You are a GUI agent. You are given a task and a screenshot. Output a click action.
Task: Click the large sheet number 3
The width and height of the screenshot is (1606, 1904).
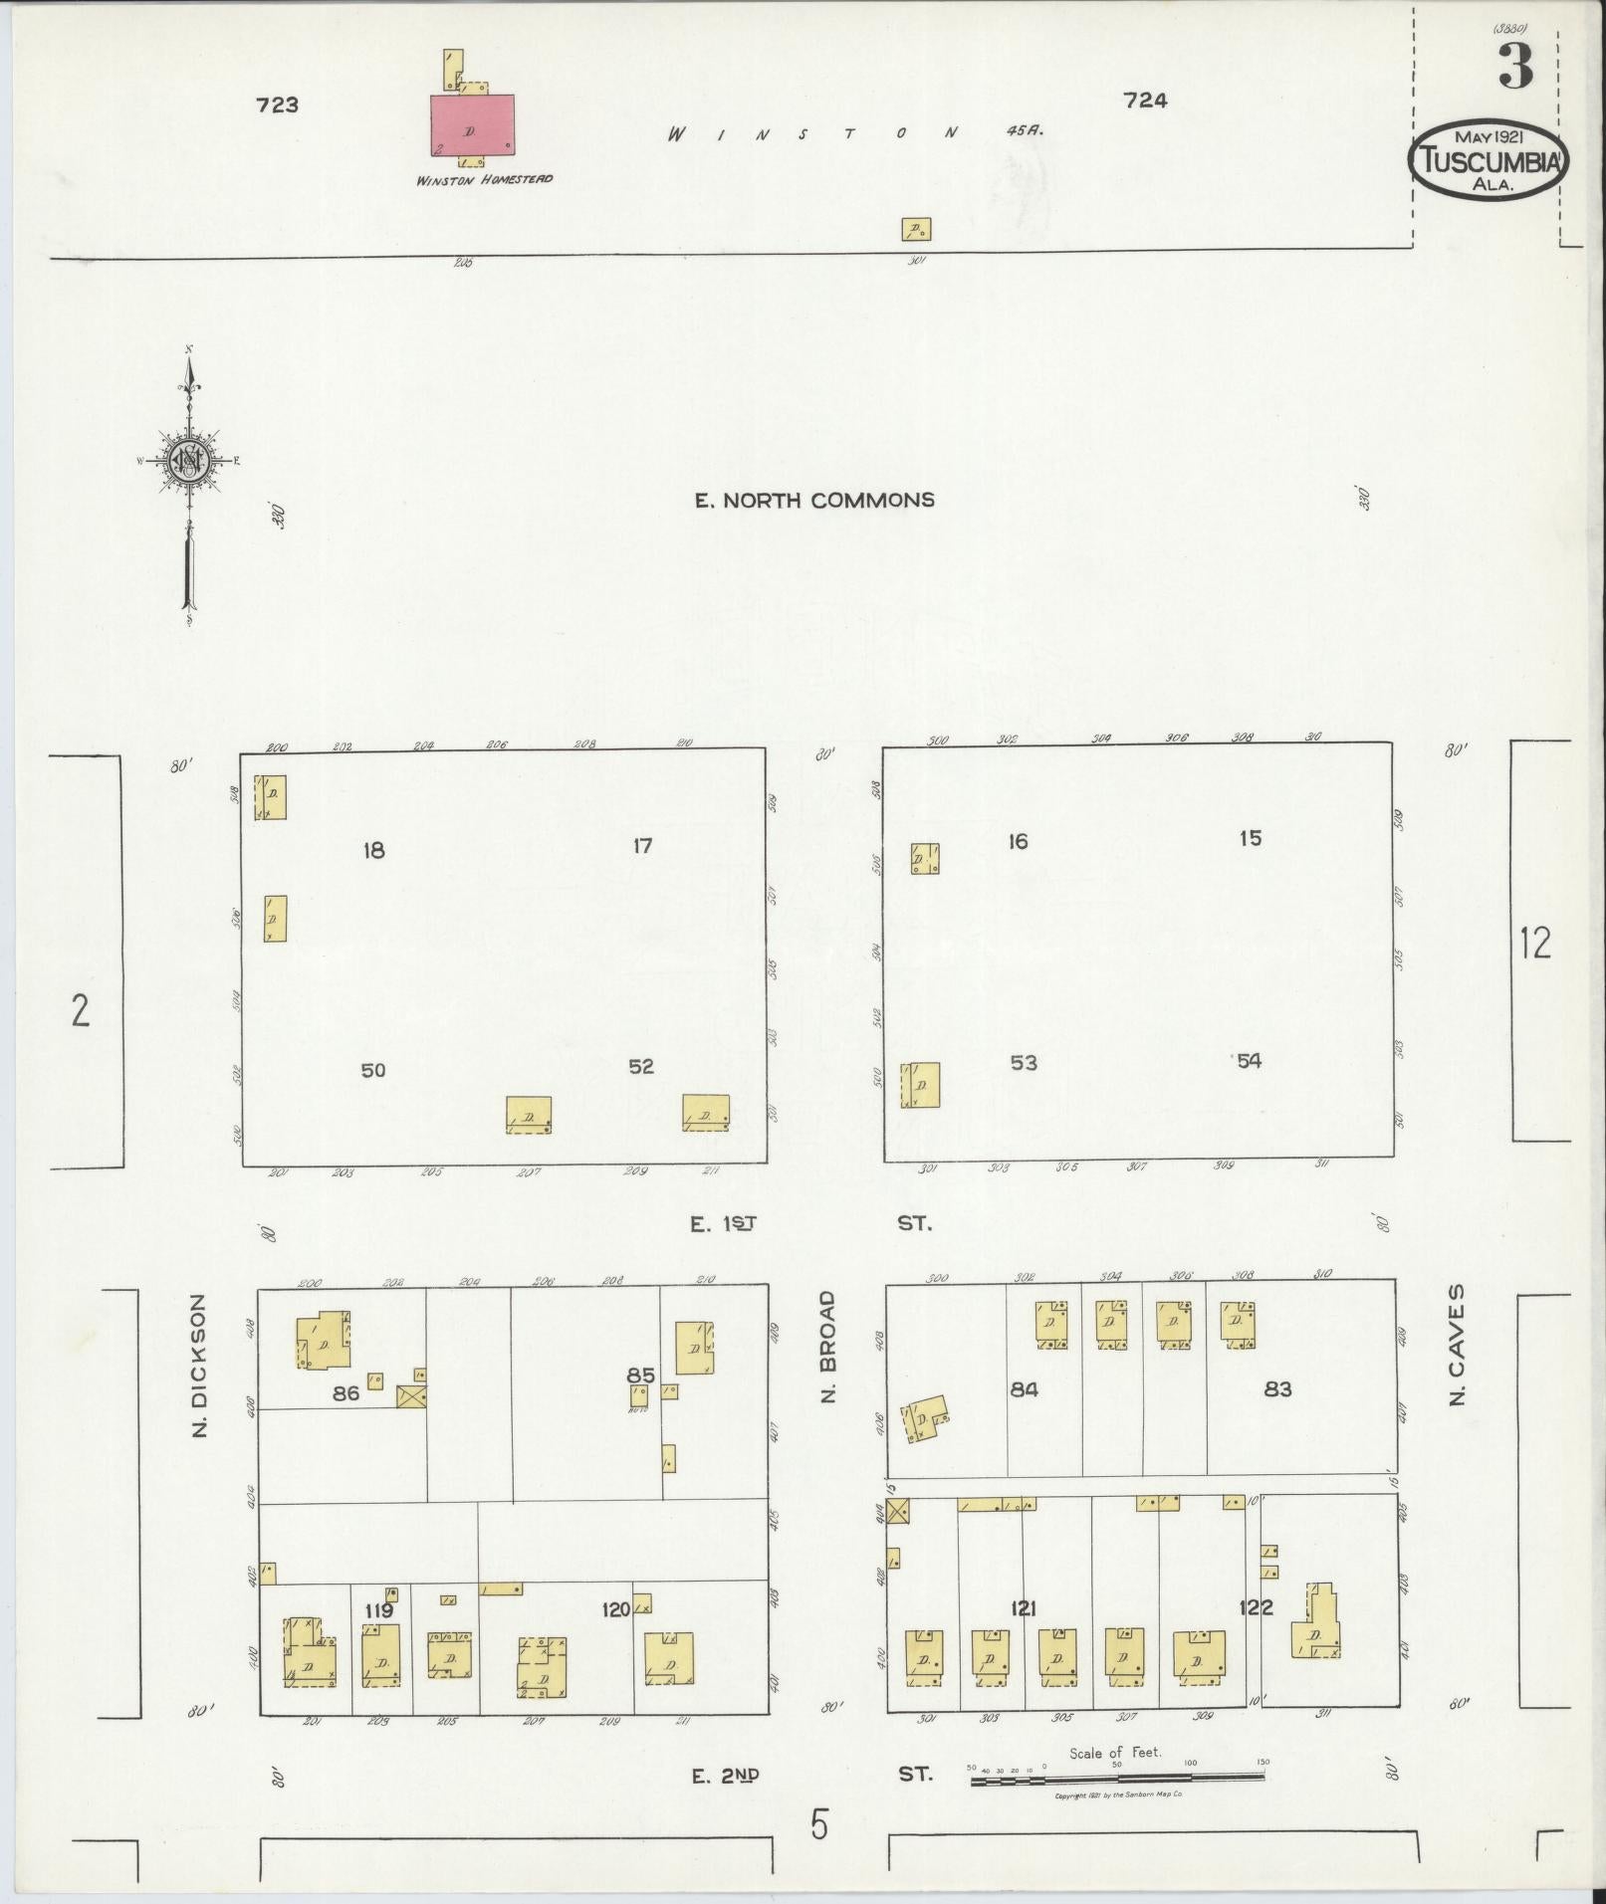1514,67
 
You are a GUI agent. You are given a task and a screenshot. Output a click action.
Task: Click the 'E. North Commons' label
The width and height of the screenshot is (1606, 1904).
814,500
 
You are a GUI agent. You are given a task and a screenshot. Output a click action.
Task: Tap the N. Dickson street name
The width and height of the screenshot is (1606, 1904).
199,1365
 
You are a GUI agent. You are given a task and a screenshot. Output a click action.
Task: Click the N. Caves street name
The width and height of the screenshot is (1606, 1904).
1459,1345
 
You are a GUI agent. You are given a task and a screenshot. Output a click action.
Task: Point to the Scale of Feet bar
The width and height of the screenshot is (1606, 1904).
1117,1775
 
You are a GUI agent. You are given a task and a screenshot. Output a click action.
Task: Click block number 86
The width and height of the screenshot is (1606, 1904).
345,1393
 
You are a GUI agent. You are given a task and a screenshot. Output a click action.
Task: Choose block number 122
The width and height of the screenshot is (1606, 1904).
1256,1606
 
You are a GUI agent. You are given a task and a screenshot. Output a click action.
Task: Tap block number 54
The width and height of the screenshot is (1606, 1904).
1249,1061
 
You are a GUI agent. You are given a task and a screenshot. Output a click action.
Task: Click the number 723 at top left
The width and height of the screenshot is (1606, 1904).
277,105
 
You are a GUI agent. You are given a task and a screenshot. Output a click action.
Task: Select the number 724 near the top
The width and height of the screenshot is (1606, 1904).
1145,100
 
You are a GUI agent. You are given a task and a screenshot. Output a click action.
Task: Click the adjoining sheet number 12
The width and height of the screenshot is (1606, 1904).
1535,943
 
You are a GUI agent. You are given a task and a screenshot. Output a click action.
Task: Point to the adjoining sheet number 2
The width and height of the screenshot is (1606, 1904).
81,1011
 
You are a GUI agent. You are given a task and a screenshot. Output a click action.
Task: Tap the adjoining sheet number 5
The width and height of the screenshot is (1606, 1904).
818,1826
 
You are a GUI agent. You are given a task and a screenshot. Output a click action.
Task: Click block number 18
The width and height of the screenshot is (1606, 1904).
373,851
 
